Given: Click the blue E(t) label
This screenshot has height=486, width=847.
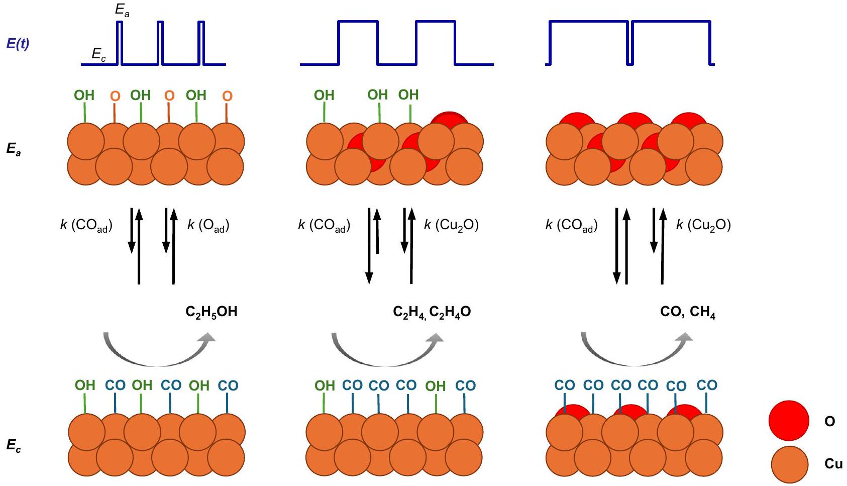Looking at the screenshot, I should [18, 44].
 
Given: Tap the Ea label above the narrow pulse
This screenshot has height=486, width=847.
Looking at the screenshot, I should [122, 10].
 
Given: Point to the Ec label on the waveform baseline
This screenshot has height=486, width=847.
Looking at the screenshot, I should [98, 54].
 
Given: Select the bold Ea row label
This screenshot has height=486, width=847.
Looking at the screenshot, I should [14, 149].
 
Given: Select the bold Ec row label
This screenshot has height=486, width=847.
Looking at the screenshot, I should [14, 445].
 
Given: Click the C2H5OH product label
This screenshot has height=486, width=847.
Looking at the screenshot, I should [211, 312].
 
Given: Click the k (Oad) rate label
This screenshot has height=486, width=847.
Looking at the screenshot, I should [208, 225].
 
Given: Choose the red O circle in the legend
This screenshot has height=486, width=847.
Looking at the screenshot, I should [789, 421].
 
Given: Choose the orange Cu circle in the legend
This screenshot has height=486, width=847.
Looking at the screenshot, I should [789, 464].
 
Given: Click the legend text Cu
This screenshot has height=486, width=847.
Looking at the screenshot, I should [833, 463].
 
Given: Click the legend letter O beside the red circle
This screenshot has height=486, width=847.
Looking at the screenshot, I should [830, 421].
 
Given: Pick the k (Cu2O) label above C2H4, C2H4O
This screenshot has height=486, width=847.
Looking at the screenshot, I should [451, 225].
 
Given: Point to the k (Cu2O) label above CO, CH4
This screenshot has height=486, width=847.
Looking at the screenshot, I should [703, 225].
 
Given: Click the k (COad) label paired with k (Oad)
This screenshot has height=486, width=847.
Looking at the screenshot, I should [86, 225].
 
